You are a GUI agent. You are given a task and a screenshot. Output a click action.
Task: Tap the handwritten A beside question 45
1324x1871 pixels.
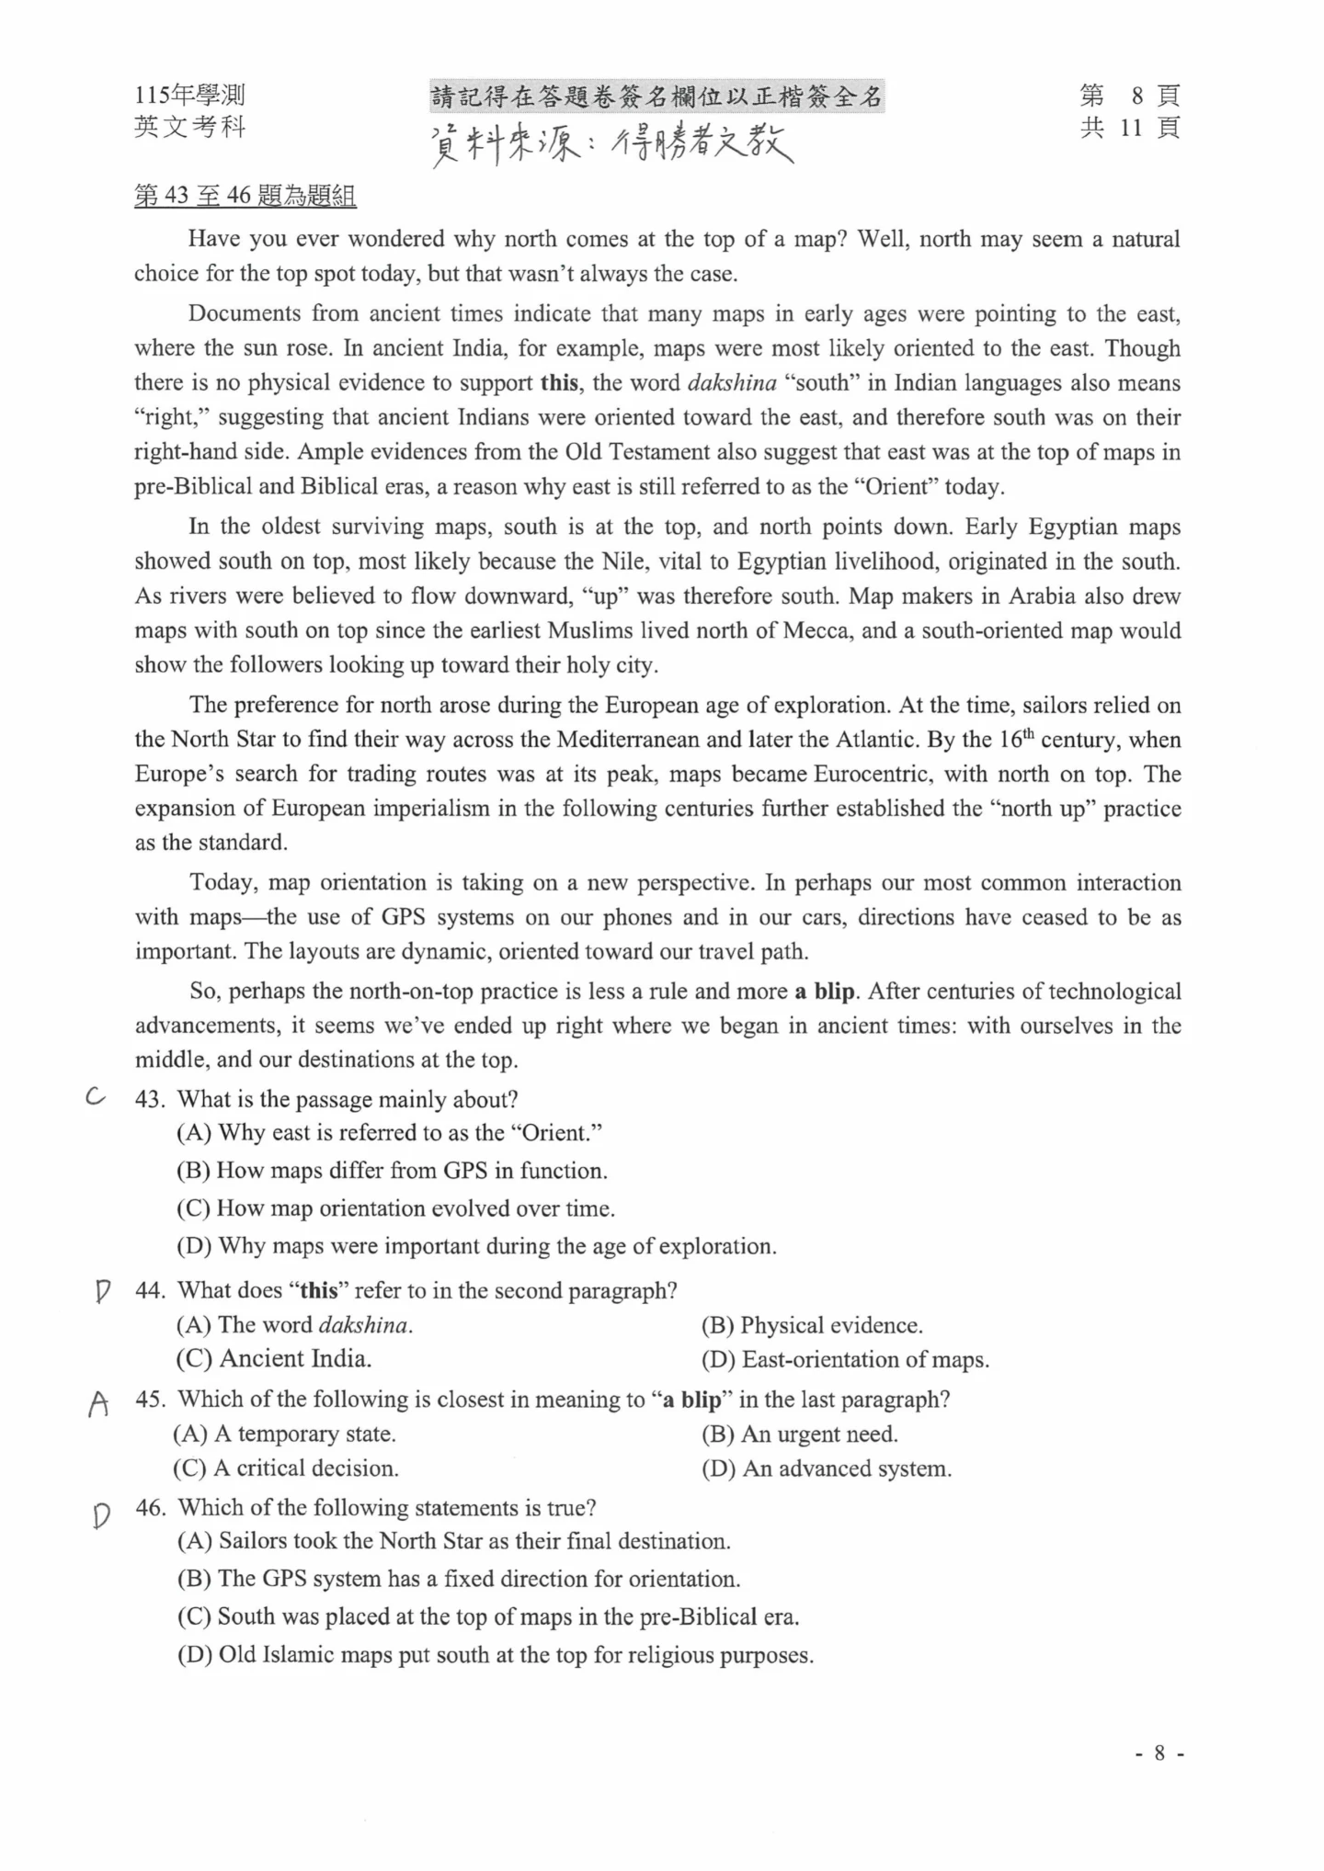pos(98,1403)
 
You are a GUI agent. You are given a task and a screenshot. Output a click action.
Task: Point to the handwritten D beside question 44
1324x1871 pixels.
pos(102,1292)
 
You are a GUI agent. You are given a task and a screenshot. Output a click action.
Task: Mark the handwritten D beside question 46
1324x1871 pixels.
pos(101,1514)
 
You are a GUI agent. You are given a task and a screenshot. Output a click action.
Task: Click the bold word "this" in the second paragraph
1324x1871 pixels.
pos(559,383)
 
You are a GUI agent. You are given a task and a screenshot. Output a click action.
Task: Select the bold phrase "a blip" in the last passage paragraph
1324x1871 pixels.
pos(824,992)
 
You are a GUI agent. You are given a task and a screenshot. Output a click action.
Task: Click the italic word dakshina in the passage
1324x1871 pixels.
pos(732,383)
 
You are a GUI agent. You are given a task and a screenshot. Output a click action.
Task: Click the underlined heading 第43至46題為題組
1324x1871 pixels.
pos(245,196)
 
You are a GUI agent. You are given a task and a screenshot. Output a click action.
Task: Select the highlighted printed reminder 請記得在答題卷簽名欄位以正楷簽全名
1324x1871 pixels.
pos(656,96)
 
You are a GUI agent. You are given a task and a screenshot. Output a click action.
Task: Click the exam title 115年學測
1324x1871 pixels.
pos(189,96)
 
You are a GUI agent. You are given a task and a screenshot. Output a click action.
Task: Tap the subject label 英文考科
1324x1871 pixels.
pos(189,127)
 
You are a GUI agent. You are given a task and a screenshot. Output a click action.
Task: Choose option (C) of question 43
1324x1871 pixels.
pos(395,1208)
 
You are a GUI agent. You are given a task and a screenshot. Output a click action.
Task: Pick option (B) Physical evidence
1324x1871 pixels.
pos(812,1325)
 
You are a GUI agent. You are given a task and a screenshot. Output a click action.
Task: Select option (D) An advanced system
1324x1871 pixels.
pos(826,1468)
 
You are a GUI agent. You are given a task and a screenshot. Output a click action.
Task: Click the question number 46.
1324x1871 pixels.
pos(151,1508)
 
